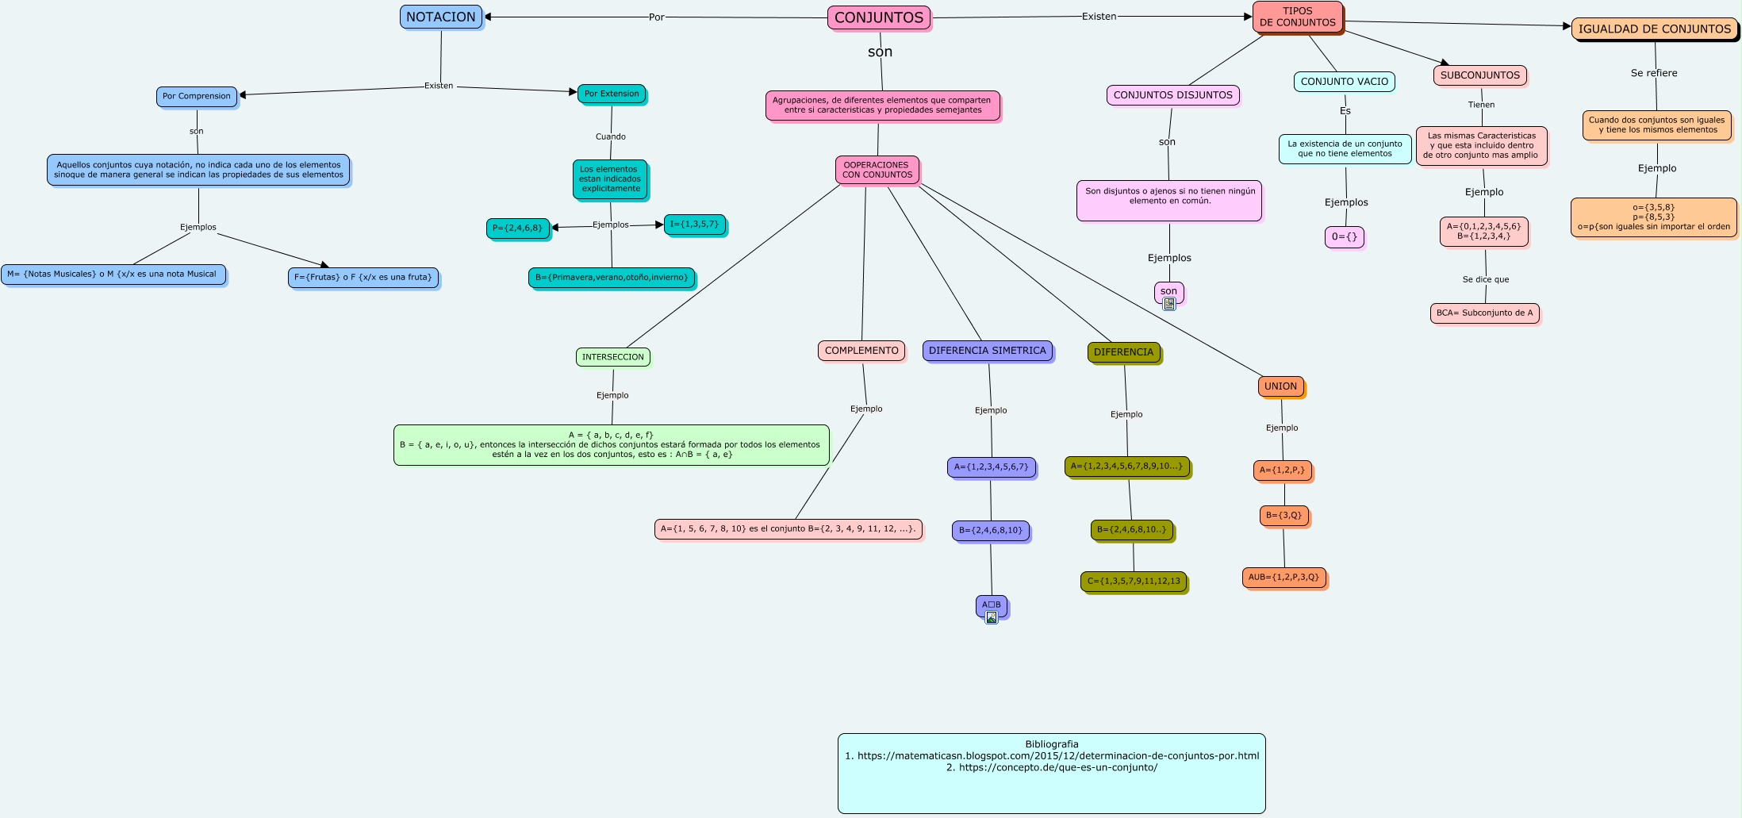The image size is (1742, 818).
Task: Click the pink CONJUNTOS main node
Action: pyautogui.click(x=879, y=17)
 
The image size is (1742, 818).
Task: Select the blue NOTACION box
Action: pyautogui.click(x=441, y=17)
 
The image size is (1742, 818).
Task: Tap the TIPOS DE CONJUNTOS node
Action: pyautogui.click(x=1297, y=17)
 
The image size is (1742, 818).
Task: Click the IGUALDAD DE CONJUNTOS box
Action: pyautogui.click(x=1654, y=29)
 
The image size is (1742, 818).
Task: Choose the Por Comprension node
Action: pyautogui.click(x=197, y=96)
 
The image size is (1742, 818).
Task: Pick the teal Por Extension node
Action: pyautogui.click(x=612, y=94)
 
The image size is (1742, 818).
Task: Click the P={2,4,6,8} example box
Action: pyautogui.click(x=517, y=229)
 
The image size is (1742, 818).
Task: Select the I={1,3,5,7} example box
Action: pyautogui.click(x=694, y=225)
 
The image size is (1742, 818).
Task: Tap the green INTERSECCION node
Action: pyautogui.click(x=613, y=357)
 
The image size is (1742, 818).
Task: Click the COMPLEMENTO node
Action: pyautogui.click(x=861, y=351)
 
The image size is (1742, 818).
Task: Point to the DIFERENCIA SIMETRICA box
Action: pyautogui.click(x=987, y=351)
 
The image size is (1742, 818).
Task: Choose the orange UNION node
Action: pyautogui.click(x=1280, y=386)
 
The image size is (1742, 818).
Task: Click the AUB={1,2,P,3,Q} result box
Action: pyautogui.click(x=1283, y=578)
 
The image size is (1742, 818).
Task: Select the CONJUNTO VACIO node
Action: pyautogui.click(x=1345, y=82)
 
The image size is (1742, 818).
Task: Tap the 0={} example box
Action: pyautogui.click(x=1345, y=236)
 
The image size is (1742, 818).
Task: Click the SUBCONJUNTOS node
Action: pyautogui.click(x=1480, y=75)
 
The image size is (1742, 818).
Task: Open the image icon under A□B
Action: pyautogui.click(x=992, y=618)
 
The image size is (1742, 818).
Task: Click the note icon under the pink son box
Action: pyautogui.click(x=1169, y=304)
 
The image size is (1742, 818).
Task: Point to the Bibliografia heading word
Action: pyautogui.click(x=1052, y=744)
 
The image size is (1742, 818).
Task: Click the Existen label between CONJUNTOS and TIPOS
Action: pyautogui.click(x=1099, y=17)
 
